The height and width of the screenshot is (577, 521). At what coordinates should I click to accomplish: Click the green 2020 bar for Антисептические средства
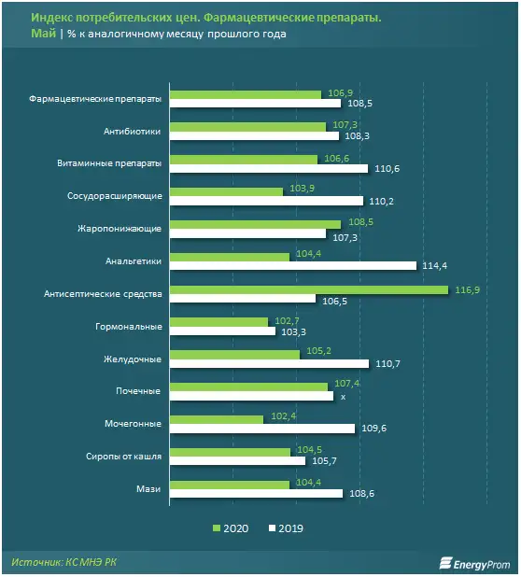point(308,289)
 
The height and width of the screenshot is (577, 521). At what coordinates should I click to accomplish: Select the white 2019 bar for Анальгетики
point(292,266)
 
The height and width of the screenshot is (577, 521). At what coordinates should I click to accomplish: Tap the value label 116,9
point(465,289)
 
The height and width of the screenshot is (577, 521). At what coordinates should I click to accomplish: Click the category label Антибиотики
point(134,132)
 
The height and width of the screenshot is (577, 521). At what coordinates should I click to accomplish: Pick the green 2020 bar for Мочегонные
point(217,419)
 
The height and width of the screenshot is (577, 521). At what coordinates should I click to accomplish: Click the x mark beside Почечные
point(344,397)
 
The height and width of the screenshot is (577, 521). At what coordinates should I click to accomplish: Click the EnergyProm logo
point(471,562)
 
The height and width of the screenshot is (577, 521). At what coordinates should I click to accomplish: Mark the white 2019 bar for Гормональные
point(222,331)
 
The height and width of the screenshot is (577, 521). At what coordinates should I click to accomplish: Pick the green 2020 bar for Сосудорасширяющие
point(226,191)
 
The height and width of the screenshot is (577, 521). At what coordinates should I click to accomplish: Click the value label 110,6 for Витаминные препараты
point(387,168)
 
